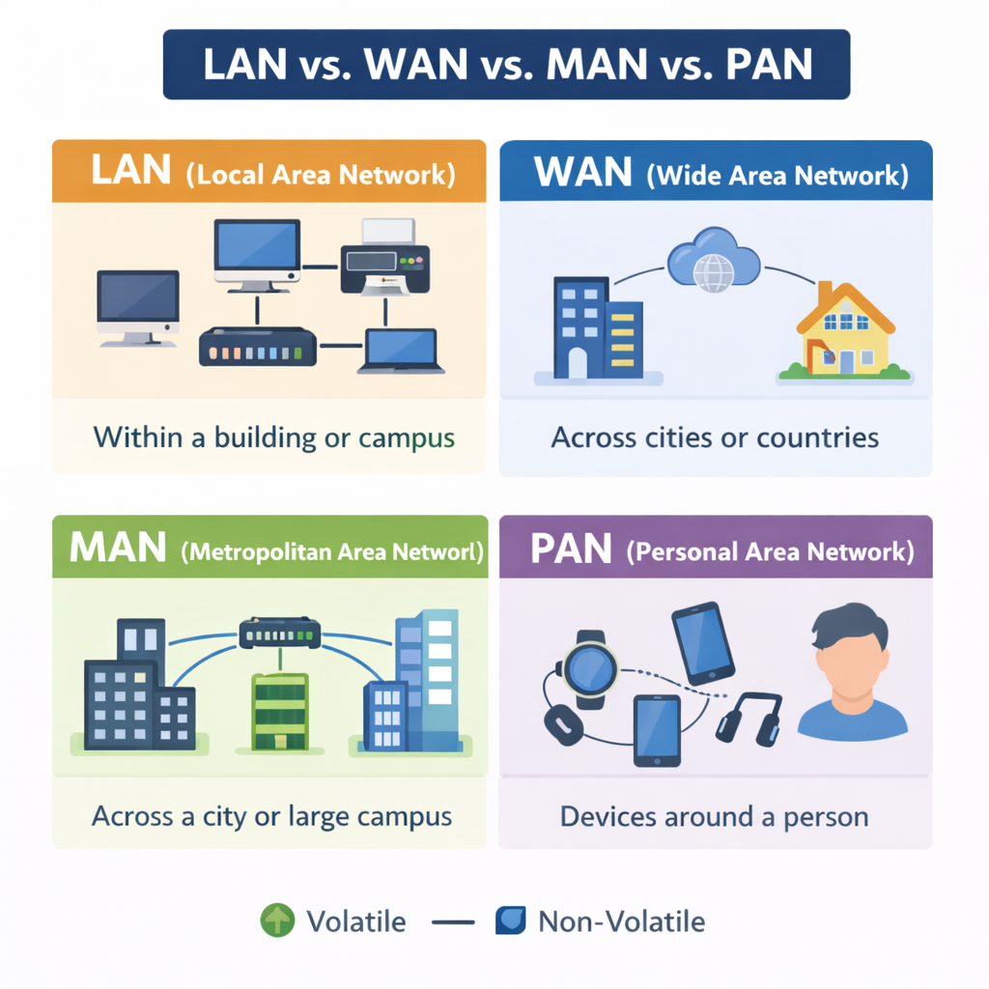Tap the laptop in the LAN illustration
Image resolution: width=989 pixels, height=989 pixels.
(x=401, y=351)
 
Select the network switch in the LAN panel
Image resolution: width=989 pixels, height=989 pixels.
(x=258, y=346)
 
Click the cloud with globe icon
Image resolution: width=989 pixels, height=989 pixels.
(x=713, y=261)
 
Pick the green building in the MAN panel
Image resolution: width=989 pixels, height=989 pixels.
(x=279, y=711)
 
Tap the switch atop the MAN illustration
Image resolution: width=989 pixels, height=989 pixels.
(x=279, y=634)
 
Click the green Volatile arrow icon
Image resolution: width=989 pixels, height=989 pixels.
(x=277, y=920)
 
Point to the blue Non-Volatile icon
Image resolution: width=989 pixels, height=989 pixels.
(x=510, y=920)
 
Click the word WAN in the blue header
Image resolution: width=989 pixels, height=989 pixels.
(x=583, y=174)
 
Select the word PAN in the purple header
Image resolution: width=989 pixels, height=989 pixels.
(x=572, y=551)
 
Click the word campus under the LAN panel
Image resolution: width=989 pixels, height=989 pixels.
(x=406, y=438)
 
